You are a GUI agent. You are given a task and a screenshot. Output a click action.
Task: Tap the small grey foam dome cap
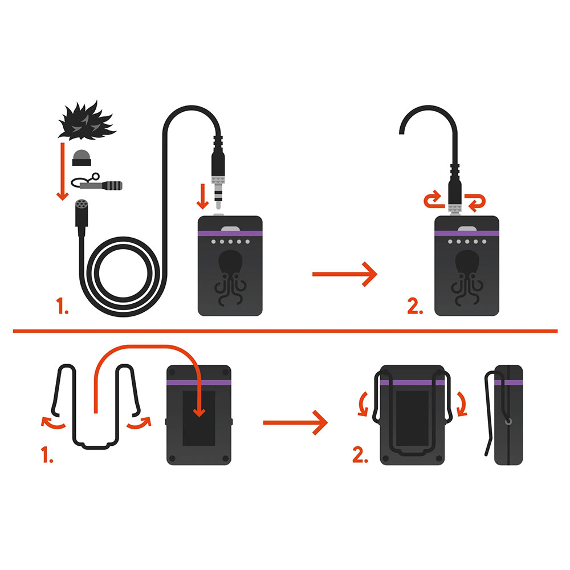click(82, 158)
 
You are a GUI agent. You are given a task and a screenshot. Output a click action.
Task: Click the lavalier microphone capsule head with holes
click(82, 205)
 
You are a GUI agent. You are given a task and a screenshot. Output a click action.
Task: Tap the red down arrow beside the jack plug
click(202, 197)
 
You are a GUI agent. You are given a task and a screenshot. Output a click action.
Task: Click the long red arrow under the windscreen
click(63, 172)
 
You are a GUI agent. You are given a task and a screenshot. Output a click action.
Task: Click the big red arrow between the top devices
click(345, 274)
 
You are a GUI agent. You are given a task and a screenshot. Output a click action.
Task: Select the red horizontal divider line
click(285, 331)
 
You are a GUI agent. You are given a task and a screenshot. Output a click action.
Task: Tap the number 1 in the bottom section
click(47, 455)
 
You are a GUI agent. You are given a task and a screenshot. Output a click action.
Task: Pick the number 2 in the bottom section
click(360, 455)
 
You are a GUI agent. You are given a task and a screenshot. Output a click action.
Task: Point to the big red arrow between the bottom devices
click(295, 422)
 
